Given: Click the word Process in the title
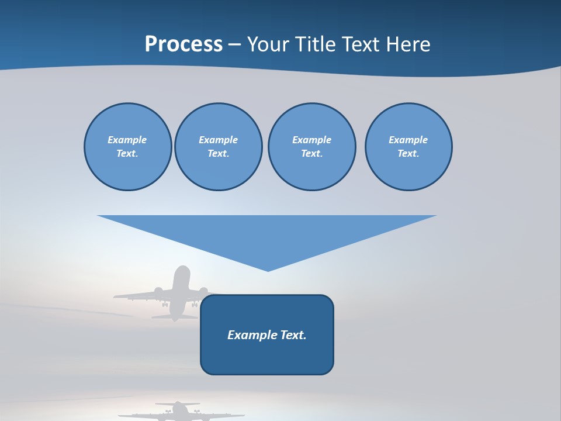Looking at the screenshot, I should click(183, 44).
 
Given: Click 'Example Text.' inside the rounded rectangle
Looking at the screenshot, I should click(267, 335).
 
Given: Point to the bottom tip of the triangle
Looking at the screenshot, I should click(268, 270).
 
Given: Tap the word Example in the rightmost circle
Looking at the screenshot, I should click(408, 140).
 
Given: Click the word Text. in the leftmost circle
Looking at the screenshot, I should click(127, 154).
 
